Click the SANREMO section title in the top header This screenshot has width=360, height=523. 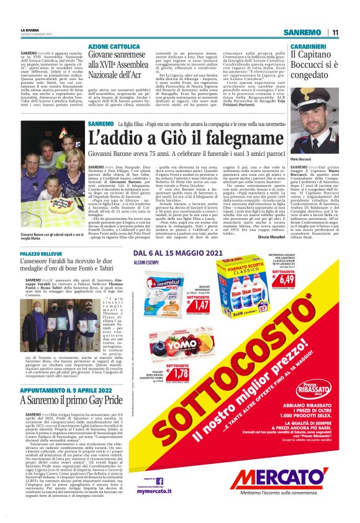tap(304, 32)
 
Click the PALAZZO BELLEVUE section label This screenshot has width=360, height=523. tap(41, 255)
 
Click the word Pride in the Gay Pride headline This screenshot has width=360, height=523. tap(106, 401)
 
